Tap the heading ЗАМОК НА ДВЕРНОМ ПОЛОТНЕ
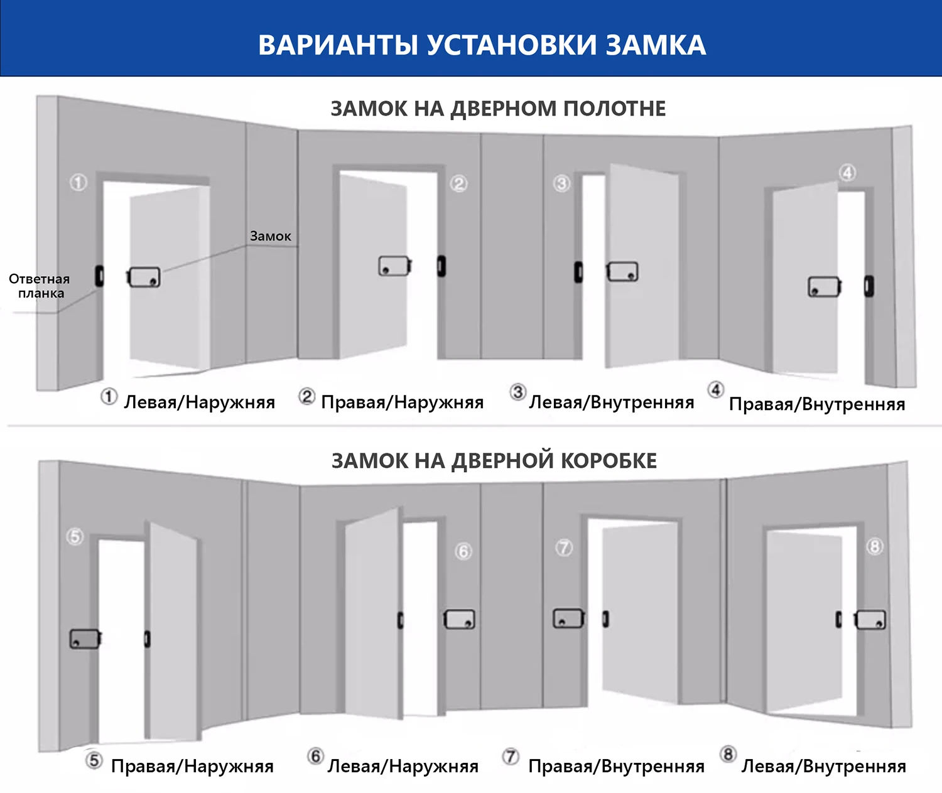tap(498, 109)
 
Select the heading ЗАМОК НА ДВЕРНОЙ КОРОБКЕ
tap(494, 461)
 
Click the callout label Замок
tap(271, 236)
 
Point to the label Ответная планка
tap(40, 286)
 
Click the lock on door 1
tap(144, 277)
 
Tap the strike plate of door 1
tap(99, 276)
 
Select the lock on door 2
tap(394, 266)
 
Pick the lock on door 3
tap(622, 272)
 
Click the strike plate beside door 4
tap(869, 286)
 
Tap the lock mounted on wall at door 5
tap(85, 639)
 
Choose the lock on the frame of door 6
tap(460, 620)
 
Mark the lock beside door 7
tap(568, 618)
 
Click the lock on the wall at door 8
tap(870, 620)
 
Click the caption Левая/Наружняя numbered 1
tap(199, 402)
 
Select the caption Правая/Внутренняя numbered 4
tap(816, 404)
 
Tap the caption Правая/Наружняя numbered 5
tap(192, 766)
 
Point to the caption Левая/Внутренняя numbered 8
tap(823, 766)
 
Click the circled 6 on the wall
tap(463, 551)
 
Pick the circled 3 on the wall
tap(561, 183)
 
